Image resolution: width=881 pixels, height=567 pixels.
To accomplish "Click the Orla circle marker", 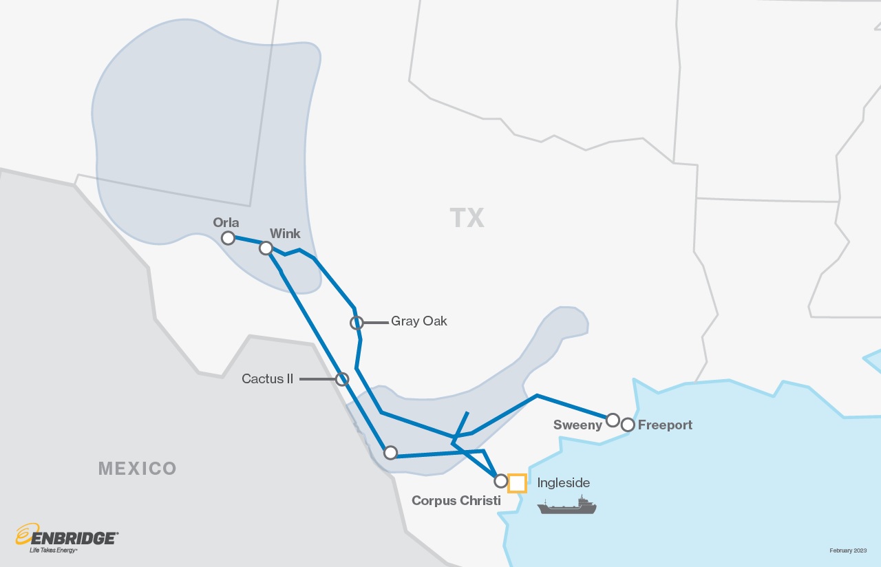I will click(228, 238).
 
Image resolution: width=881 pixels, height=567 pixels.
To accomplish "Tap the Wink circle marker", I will click(266, 248).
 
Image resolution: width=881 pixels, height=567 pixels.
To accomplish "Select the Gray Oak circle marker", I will click(357, 322).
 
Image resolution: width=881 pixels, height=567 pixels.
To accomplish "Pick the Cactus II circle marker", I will click(342, 379).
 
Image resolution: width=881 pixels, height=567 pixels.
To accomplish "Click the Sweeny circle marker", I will click(613, 420).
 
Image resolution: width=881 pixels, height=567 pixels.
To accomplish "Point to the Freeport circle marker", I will click(628, 425).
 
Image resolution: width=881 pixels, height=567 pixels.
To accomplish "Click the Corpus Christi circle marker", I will click(501, 481).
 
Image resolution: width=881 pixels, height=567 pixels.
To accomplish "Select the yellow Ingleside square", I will click(517, 484).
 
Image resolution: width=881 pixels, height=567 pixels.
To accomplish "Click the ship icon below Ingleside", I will click(566, 506).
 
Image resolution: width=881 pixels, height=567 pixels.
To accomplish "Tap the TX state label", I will click(467, 218).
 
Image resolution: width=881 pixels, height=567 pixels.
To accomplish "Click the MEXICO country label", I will click(138, 469).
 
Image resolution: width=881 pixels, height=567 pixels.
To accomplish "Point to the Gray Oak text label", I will click(418, 321).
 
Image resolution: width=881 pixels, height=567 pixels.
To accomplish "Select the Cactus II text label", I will click(268, 379).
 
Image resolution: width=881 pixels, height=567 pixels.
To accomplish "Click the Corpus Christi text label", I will click(456, 501).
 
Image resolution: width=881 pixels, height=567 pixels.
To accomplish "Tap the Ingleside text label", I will click(563, 483).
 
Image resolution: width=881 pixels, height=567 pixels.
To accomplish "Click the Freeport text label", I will click(665, 425).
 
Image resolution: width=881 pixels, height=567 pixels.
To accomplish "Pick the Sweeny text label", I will click(577, 425).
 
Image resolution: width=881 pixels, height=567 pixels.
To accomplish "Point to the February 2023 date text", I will click(847, 550).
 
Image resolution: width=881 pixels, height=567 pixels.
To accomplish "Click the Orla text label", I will click(226, 222).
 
